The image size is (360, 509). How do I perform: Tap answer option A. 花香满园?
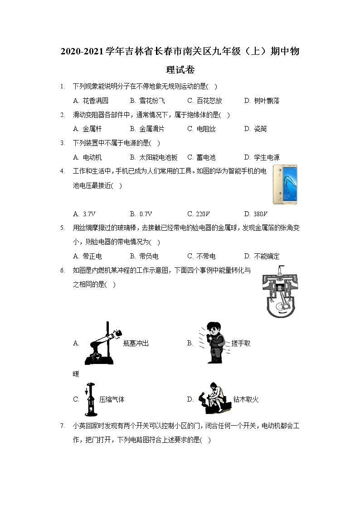point(91,101)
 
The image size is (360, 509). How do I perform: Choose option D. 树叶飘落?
point(262,101)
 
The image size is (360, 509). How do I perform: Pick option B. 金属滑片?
point(147,129)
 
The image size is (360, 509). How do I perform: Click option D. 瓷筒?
point(255,129)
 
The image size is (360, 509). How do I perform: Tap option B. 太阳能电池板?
point(153,157)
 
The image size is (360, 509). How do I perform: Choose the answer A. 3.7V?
point(84,214)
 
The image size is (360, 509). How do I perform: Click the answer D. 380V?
point(256,214)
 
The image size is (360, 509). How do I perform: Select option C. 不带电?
point(201,256)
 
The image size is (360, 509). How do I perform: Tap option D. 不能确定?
point(262,256)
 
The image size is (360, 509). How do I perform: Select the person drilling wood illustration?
point(213,399)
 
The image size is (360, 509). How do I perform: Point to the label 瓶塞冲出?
point(136,343)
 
